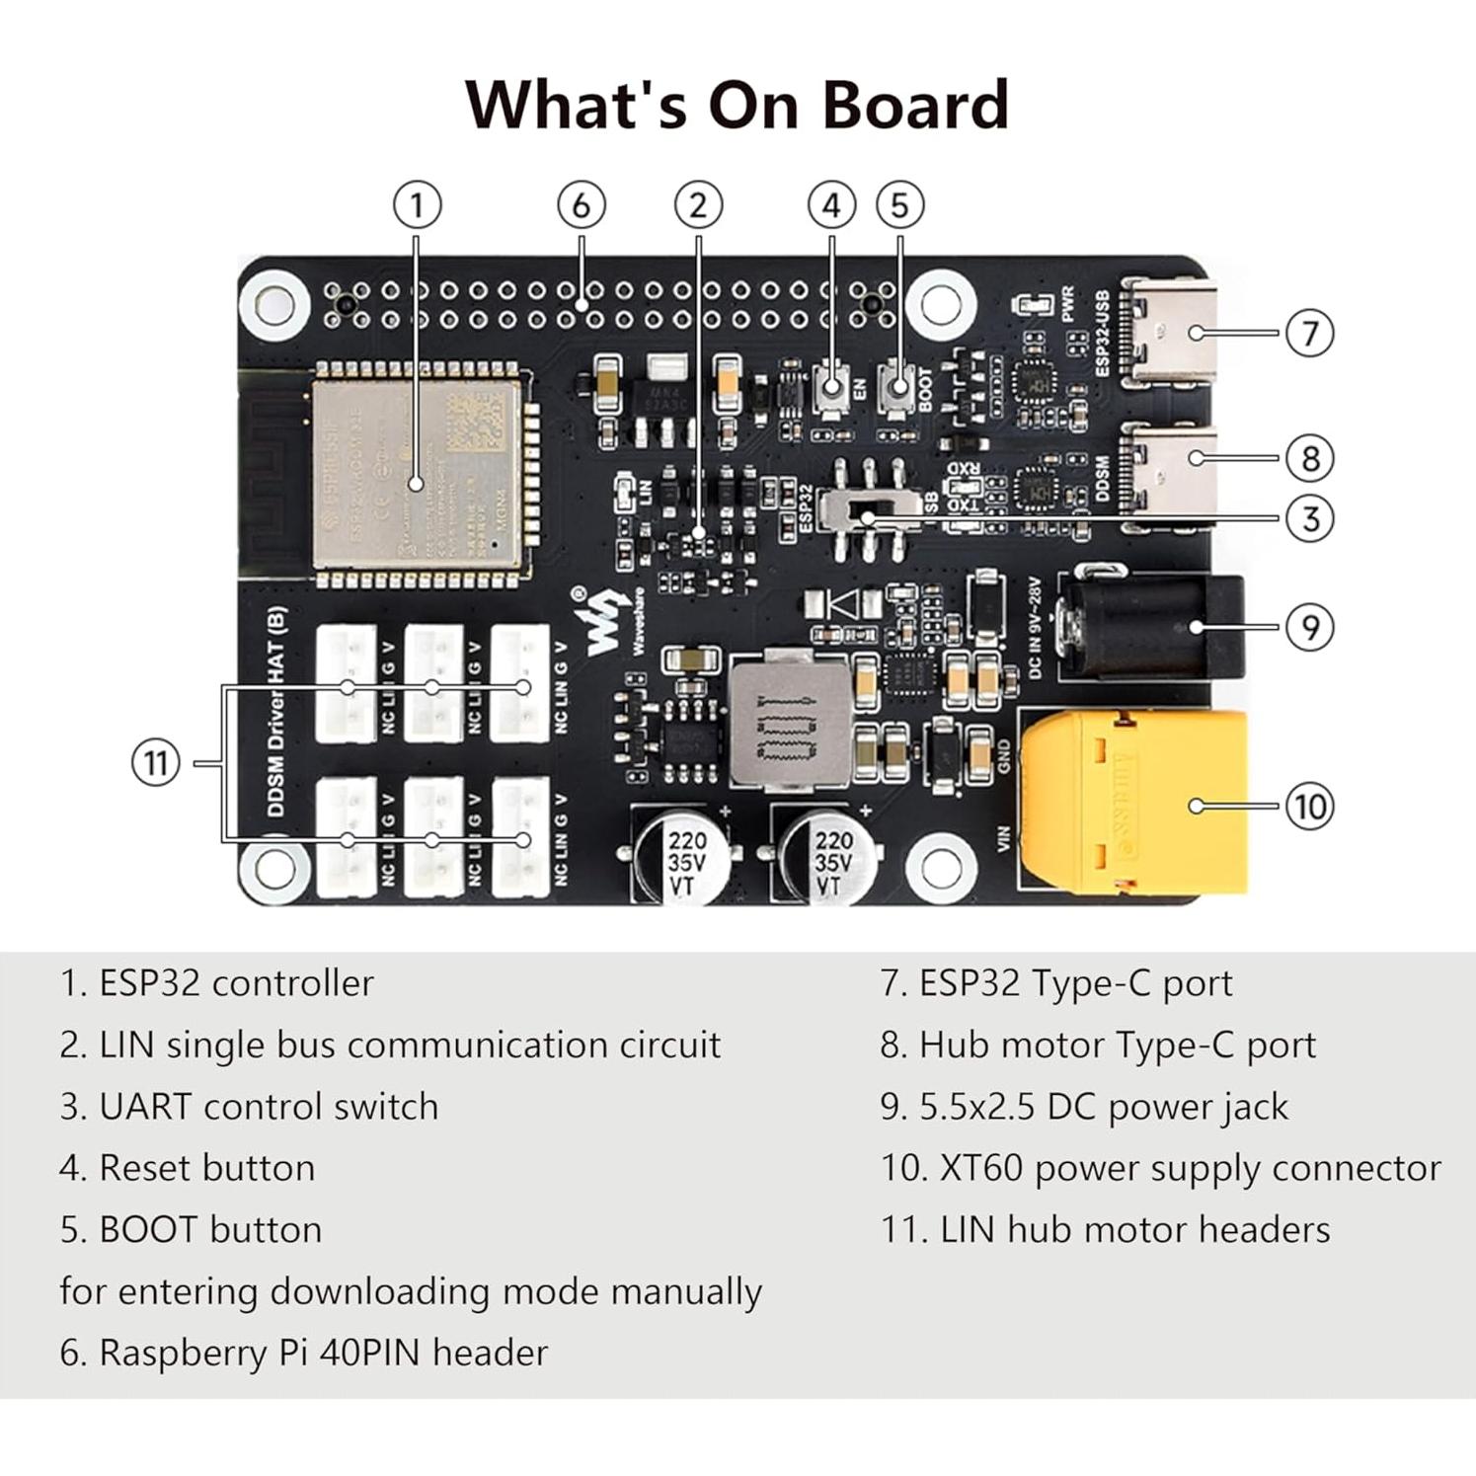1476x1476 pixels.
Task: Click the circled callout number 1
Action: coord(417,205)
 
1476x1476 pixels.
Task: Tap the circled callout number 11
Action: coord(156,763)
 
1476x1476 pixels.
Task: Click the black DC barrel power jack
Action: coord(1150,628)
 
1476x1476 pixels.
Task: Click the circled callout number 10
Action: coord(1309,807)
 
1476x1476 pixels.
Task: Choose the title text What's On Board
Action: coord(737,104)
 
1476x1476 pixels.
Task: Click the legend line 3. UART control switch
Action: coord(249,1107)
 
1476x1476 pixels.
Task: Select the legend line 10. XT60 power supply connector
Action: coord(1160,1168)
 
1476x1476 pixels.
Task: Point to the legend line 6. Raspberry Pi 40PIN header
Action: coord(303,1353)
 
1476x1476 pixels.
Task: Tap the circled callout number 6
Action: coord(581,205)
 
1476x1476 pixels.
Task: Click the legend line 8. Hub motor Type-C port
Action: coord(1098,1045)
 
